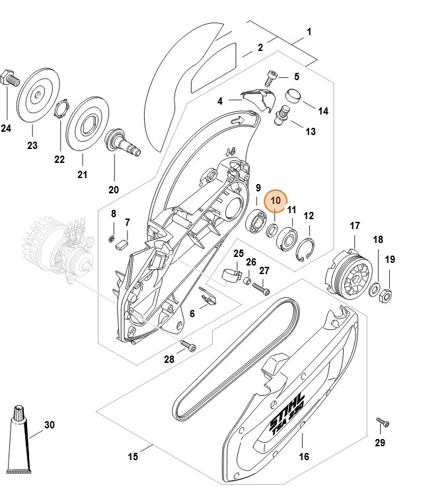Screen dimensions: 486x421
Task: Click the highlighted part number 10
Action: tap(276, 199)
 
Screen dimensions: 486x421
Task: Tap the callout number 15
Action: tap(132, 456)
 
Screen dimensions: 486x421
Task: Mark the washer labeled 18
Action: tap(375, 289)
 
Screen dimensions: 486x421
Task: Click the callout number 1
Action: tap(309, 31)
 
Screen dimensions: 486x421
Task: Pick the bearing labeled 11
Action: tap(289, 238)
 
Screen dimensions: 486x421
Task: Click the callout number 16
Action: tap(303, 456)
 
